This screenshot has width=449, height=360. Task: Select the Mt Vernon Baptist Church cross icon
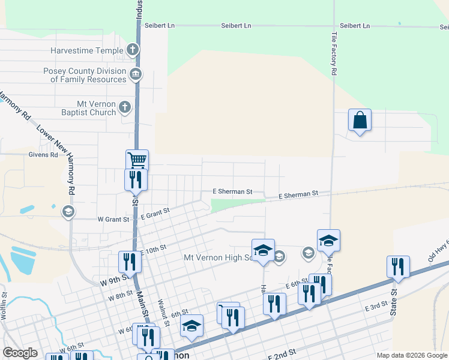pyautogui.click(x=125, y=107)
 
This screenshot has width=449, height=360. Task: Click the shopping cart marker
pyautogui.click(x=137, y=160)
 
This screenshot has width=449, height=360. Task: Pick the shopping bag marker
pyautogui.click(x=360, y=120)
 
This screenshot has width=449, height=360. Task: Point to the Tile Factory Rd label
pyautogui.click(x=334, y=54)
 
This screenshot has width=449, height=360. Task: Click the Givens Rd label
pyautogui.click(x=43, y=154)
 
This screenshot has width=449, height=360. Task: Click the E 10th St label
pyautogui.click(x=152, y=249)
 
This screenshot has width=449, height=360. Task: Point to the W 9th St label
pyautogui.click(x=112, y=280)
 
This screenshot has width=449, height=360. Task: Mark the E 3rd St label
pyautogui.click(x=377, y=307)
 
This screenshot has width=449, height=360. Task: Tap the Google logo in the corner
pyautogui.click(x=20, y=353)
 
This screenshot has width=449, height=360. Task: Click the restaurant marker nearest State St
pyautogui.click(x=398, y=266)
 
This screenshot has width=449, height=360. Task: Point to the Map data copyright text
pyautogui.click(x=412, y=355)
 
